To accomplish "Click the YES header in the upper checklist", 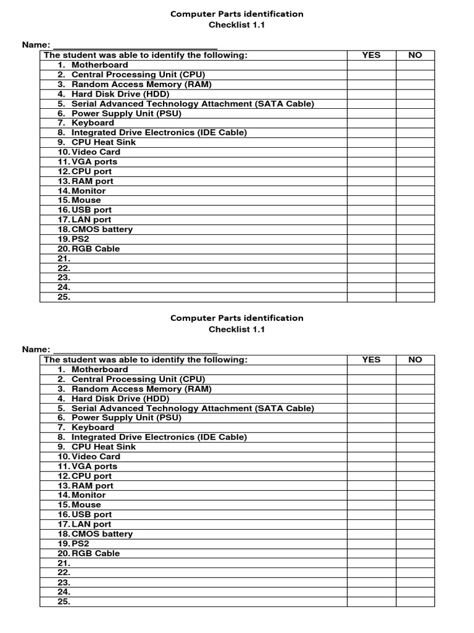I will pos(371,55).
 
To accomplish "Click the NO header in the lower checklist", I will pos(415,360).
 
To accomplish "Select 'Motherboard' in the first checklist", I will pos(99,65).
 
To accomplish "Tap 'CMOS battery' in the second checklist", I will pos(102,534).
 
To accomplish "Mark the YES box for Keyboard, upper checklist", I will pos(371,123).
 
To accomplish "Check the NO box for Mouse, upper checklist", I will pos(415,200).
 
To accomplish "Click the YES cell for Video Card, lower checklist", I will pos(371,457).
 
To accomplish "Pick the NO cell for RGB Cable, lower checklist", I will pos(415,553).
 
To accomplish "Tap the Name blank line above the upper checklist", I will pos(135,45).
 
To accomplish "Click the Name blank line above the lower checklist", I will pos(135,349).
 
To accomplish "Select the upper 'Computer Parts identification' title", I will pos(237,14).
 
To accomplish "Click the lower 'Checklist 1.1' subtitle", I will pos(237,329).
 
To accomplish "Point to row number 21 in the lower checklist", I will pos(64,563).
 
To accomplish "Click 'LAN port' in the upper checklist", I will pos(91,219).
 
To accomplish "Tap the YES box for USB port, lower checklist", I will pos(371,514).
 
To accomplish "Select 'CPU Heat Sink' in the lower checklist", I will pos(104,447).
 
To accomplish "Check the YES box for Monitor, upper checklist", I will pos(371,191).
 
